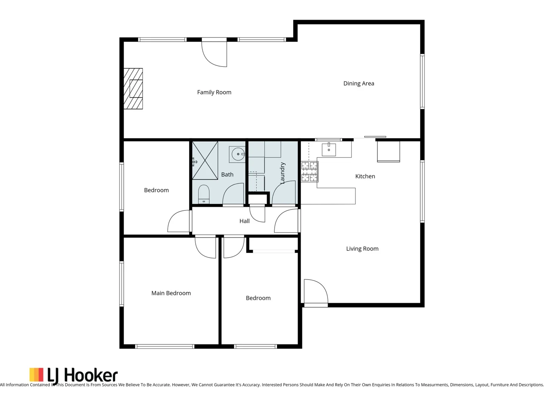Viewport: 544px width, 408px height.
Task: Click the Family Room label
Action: click(214, 92)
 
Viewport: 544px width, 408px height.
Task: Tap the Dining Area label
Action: click(359, 83)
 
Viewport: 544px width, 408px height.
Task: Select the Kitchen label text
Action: click(365, 176)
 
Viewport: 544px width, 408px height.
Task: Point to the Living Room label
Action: click(362, 249)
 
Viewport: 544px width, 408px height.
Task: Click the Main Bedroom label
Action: click(171, 293)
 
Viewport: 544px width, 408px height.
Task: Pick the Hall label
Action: click(244, 221)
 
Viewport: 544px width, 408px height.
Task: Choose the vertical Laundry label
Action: click(282, 173)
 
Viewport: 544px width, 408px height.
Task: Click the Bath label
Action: click(227, 175)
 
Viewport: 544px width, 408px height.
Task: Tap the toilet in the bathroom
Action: click(204, 194)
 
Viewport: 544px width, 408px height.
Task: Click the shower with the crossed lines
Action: click(205, 161)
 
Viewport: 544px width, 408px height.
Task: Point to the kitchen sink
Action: click(329, 149)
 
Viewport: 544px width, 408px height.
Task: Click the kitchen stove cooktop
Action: click(309, 171)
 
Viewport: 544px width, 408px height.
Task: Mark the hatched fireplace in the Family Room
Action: click(133, 89)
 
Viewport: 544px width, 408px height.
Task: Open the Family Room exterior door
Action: click(215, 53)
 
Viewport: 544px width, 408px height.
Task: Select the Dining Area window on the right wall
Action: click(422, 82)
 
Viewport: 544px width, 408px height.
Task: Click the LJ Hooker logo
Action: click(74, 375)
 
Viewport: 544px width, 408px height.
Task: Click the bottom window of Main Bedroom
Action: click(165, 346)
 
